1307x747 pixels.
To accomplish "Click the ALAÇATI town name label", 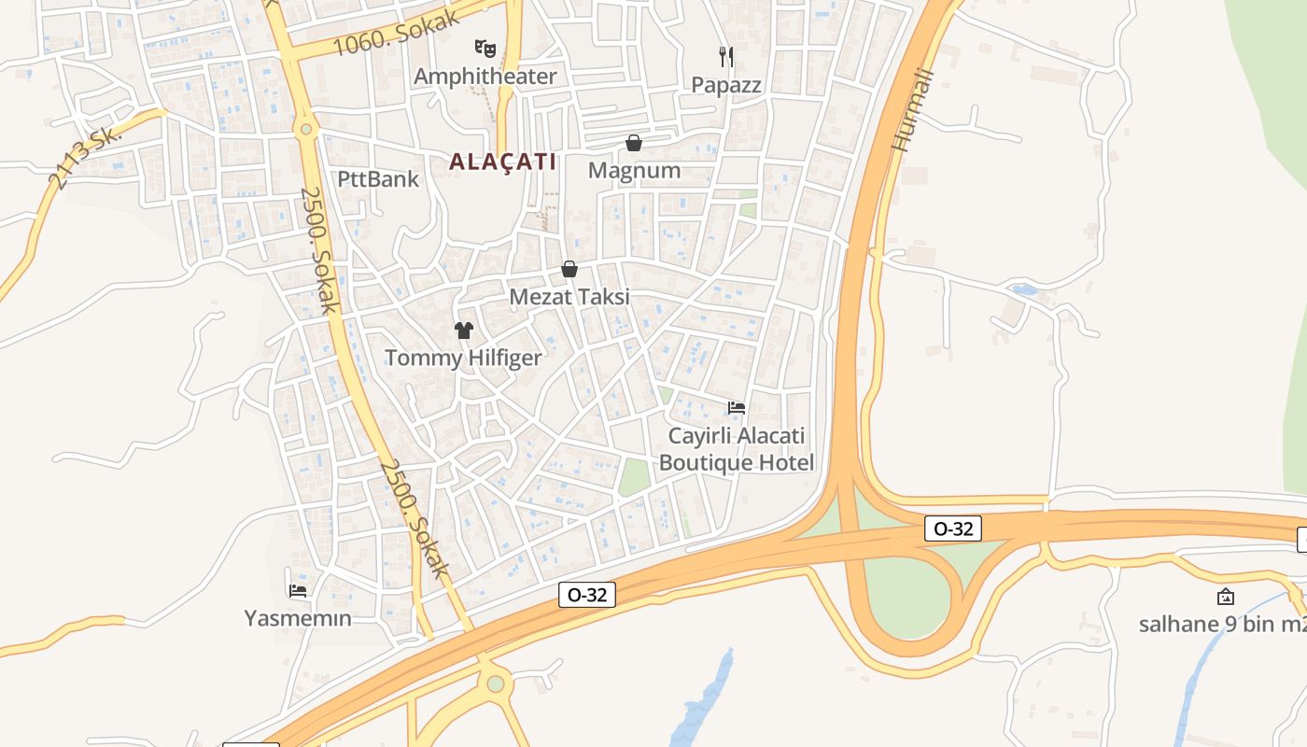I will [502, 162].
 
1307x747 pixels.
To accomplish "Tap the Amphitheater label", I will [485, 77].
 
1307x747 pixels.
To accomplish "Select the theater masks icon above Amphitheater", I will [485, 48].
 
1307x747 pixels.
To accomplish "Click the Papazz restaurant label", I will [726, 85].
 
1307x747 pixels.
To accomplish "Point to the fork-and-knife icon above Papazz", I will [726, 57].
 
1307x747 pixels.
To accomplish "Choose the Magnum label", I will [634, 171].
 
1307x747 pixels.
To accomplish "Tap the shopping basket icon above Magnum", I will [634, 143].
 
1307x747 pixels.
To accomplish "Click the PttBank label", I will [378, 178].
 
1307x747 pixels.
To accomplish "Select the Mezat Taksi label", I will [569, 297].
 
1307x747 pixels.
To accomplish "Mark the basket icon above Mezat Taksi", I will [569, 270].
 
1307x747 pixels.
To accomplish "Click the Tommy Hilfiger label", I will [463, 358].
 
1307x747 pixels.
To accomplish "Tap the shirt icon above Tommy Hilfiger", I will [464, 330].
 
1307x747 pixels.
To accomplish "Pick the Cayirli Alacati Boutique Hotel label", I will [737, 449].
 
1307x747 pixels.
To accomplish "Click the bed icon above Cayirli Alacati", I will [737, 408].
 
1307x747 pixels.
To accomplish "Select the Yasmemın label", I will [298, 618].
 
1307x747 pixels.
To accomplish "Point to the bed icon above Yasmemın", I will [298, 590].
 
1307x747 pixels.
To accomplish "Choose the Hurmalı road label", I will [913, 110].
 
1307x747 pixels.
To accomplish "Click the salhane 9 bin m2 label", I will [1222, 624].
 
